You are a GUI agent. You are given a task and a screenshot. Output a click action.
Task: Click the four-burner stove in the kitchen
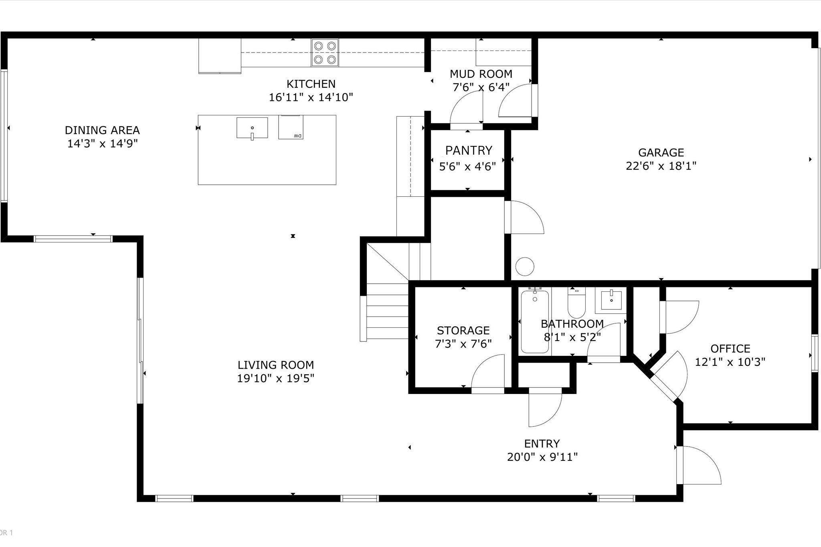coord(325,53)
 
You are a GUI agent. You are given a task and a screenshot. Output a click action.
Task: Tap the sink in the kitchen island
coord(252,128)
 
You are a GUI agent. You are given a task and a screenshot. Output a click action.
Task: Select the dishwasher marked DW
coord(291,127)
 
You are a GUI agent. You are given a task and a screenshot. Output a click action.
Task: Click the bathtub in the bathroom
coord(534,322)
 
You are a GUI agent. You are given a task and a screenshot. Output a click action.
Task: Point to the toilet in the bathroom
coord(576,304)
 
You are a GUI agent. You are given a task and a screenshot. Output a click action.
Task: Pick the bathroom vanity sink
coord(611,300)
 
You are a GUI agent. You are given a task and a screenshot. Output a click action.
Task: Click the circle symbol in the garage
coord(524,266)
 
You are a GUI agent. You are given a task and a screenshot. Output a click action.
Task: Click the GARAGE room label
coord(661,153)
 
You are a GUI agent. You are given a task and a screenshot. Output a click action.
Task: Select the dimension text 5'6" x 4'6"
coord(467,166)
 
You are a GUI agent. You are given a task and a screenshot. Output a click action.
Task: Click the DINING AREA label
coord(102,130)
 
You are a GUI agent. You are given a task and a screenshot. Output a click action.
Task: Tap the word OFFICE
coord(730,349)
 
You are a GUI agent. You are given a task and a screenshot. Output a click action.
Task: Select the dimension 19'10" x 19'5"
coord(275,378)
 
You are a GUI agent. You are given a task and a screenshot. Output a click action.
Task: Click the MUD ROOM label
coord(481,74)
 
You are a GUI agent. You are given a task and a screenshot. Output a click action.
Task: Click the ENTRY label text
coord(542,444)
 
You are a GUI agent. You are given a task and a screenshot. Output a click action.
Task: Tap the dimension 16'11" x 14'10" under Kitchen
coord(311,97)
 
